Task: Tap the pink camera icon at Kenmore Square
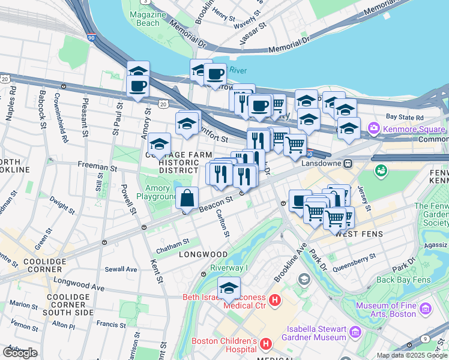tap(374, 127)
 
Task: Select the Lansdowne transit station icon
tap(348, 163)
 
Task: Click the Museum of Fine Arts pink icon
tap(426, 309)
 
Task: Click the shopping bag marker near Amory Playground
tap(187, 197)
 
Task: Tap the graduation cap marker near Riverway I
tap(229, 289)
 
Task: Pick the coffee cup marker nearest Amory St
tap(137, 85)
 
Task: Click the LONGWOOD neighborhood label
tap(203, 255)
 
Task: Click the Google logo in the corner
tap(20, 353)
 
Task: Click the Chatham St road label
tap(173, 241)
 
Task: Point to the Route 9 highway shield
tap(426, 340)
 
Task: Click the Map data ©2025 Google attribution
tap(412, 355)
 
